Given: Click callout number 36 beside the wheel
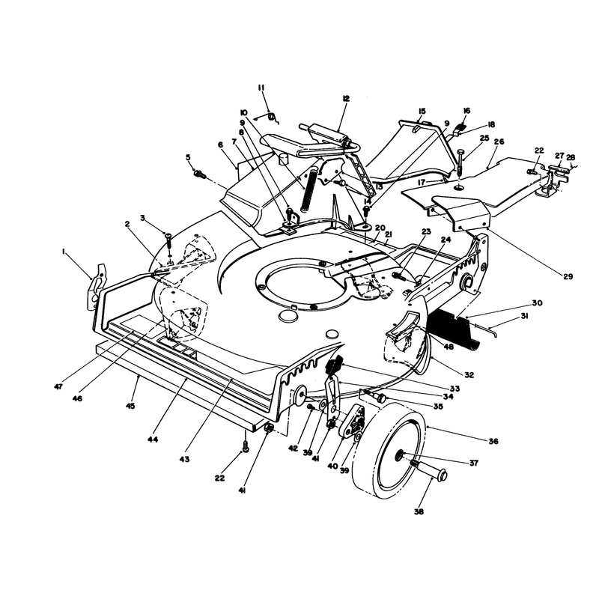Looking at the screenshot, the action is pyautogui.click(x=493, y=441).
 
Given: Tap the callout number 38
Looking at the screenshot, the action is pyautogui.click(x=419, y=511).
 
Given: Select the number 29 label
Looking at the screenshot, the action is pyautogui.click(x=568, y=276).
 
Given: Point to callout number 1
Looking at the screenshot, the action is pyautogui.click(x=64, y=251).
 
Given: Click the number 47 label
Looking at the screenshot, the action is pyautogui.click(x=58, y=387).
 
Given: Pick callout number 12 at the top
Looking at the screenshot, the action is pyautogui.click(x=346, y=99).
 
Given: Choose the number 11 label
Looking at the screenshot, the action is pyautogui.click(x=261, y=88).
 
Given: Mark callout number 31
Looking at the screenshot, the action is pyautogui.click(x=524, y=316).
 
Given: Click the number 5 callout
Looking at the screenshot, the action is pyautogui.click(x=188, y=157).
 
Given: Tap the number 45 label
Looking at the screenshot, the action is pyautogui.click(x=130, y=406).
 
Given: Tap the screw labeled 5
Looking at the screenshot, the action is pyautogui.click(x=201, y=175).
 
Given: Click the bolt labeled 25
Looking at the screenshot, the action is pyautogui.click(x=460, y=162).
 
